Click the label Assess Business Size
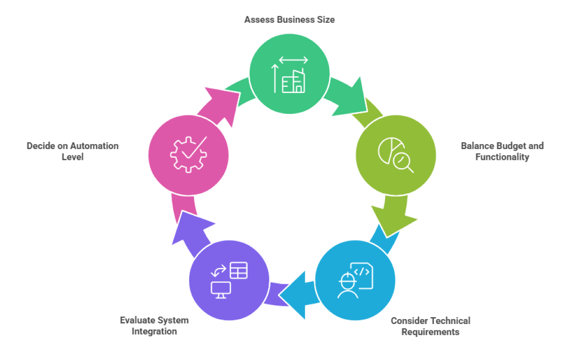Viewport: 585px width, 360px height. [289, 20]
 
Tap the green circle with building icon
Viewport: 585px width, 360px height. [289, 73]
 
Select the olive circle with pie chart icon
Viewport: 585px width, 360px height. [396, 155]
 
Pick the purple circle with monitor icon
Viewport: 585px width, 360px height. [229, 281]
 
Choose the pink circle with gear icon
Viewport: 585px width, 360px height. [188, 154]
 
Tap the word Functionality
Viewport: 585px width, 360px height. [502, 157]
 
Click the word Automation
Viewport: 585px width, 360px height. [94, 146]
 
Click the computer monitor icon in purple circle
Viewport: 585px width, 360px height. [220, 289]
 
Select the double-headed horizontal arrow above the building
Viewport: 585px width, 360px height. [293, 60]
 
